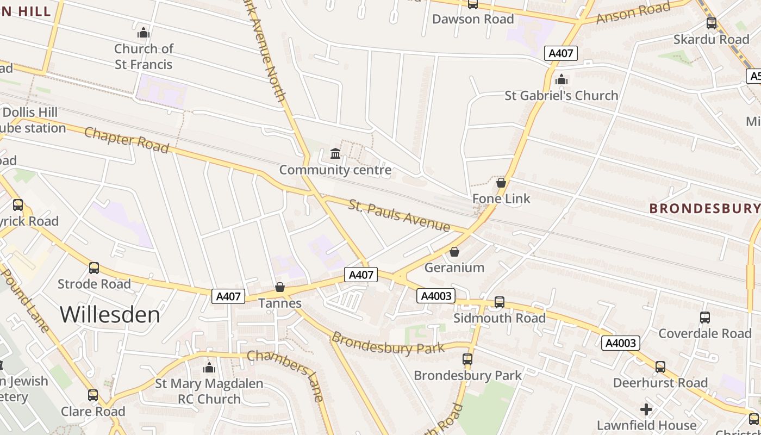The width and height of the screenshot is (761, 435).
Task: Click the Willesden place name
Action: tap(110, 314)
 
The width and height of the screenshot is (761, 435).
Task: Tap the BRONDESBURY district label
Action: tap(704, 208)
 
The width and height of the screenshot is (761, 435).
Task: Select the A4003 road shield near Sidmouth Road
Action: tap(436, 296)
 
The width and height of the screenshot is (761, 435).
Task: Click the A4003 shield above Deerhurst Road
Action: tap(620, 343)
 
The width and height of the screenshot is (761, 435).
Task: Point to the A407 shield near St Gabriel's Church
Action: tap(560, 53)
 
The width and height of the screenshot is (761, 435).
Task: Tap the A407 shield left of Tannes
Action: tap(228, 296)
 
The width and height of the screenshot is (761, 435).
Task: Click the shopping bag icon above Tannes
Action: tap(280, 287)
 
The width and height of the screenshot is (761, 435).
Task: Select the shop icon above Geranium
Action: tap(454, 252)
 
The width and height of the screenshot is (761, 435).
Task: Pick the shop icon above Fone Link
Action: tap(501, 183)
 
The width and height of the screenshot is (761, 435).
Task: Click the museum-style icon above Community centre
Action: tap(335, 154)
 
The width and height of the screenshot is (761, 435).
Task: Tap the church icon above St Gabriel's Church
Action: tap(562, 80)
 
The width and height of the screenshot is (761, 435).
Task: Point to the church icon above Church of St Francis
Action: tap(144, 33)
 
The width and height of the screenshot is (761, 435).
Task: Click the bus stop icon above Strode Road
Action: tap(94, 268)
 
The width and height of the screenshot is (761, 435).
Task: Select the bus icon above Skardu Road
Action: tap(712, 23)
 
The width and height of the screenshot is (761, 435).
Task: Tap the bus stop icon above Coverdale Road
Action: tap(705, 318)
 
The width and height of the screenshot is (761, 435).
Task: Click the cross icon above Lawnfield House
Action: tap(646, 409)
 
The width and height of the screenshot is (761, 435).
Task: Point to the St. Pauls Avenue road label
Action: tap(399, 216)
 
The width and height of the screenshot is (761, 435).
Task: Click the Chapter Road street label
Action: tap(126, 140)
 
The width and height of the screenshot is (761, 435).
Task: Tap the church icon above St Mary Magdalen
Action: tap(209, 368)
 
